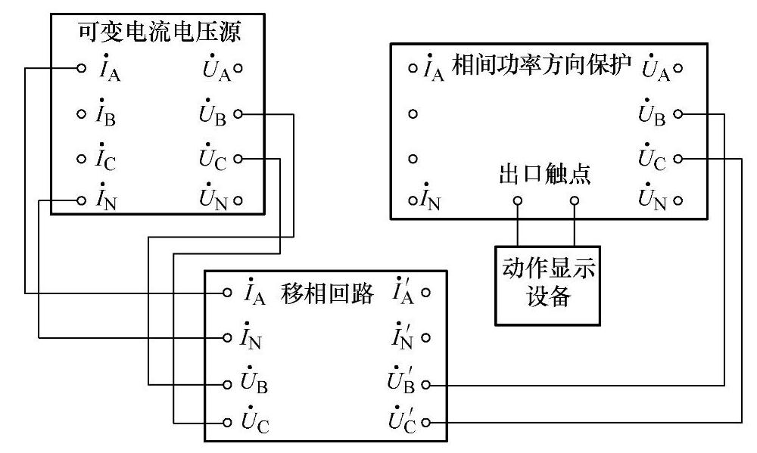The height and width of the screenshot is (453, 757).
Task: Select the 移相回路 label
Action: [327, 293]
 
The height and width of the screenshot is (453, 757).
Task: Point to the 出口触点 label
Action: [545, 175]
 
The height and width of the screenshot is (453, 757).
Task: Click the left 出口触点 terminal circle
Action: [518, 201]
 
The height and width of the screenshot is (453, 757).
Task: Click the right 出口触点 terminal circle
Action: [575, 201]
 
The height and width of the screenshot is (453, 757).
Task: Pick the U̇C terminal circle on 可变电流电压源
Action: [238, 159]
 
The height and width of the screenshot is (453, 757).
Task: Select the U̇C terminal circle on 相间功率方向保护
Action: [678, 159]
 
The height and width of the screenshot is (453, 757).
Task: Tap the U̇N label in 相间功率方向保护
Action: [653, 200]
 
